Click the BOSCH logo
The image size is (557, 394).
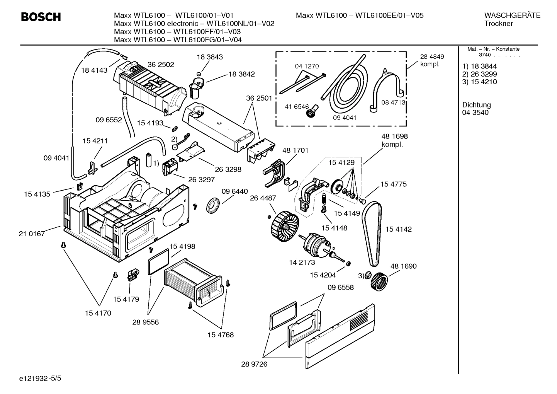point(41,17)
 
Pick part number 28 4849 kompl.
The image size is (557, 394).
point(432,60)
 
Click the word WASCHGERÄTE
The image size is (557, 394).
point(512,15)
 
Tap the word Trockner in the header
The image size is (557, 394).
point(498,24)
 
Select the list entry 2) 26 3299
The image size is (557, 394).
point(479,74)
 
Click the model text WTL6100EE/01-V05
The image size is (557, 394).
point(389,15)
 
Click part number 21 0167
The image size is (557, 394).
point(32,234)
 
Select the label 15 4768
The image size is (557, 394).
point(220,335)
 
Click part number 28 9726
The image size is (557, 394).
point(254,364)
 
